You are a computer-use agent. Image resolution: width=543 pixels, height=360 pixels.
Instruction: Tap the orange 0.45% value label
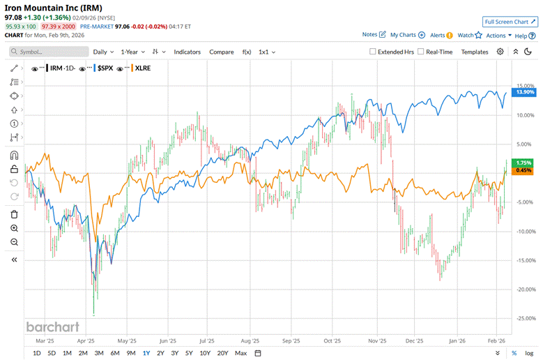point(523,170)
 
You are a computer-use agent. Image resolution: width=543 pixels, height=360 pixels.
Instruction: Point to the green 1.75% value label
point(523,163)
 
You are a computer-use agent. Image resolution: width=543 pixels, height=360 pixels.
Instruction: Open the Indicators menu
point(187,52)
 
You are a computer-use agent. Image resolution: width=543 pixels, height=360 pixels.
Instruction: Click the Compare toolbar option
point(222,52)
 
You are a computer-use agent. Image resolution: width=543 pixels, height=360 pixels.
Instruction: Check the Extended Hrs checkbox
point(373,52)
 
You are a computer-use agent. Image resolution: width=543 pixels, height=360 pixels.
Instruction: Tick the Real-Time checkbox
point(421,52)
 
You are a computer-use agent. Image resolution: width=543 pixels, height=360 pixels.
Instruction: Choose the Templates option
point(475,52)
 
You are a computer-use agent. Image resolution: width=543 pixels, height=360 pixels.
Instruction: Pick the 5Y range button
point(189,353)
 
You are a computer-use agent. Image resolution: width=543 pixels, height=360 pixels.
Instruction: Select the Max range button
point(241,353)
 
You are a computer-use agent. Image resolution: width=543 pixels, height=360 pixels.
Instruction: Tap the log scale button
point(530,353)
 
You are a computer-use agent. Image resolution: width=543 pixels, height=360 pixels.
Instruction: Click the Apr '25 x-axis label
point(86,341)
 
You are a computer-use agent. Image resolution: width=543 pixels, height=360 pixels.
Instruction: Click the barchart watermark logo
point(52,327)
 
